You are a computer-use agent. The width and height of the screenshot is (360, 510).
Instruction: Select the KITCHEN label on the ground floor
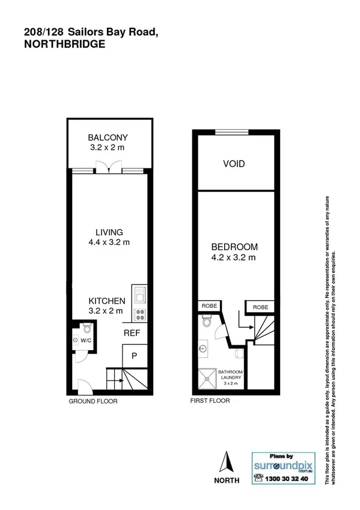(x=107, y=301)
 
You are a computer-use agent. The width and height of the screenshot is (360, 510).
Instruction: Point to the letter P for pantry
(x=135, y=355)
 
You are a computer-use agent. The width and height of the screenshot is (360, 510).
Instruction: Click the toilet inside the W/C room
(x=87, y=328)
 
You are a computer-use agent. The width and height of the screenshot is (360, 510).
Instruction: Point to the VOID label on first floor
(x=234, y=164)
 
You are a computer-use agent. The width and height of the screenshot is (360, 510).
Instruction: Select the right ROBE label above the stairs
(x=260, y=307)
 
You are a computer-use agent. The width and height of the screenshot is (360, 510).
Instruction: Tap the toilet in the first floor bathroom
(x=207, y=322)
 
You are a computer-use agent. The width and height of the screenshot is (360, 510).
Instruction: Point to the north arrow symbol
(x=227, y=464)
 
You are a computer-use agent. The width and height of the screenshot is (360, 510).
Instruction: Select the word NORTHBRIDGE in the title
(x=65, y=44)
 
